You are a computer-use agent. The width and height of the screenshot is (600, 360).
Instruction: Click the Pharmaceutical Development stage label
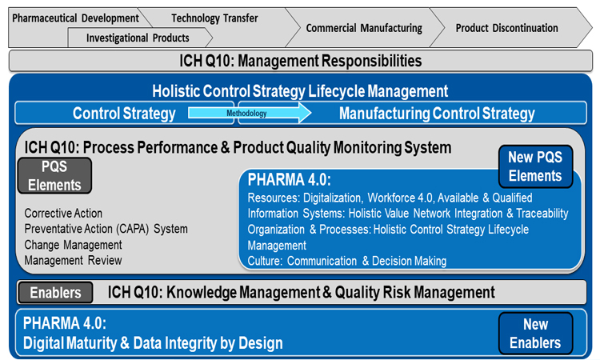tap(75, 18)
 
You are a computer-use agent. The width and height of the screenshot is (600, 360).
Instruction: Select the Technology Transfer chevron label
tap(214, 18)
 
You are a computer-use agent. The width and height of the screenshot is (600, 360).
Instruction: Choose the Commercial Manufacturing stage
tap(364, 28)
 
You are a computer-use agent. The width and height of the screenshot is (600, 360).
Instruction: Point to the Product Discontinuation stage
tap(506, 28)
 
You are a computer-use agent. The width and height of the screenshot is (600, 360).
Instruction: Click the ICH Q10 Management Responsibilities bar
tap(300, 61)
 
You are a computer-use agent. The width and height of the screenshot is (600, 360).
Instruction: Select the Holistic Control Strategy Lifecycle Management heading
tap(300, 91)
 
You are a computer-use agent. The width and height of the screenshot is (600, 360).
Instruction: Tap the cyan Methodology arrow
tap(250, 114)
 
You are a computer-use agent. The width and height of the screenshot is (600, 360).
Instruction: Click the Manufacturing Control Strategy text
tap(437, 114)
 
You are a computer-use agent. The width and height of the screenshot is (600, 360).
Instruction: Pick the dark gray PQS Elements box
tap(54, 176)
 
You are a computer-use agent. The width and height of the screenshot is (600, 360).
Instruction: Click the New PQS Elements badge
tap(535, 166)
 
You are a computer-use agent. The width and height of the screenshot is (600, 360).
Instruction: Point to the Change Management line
tap(73, 245)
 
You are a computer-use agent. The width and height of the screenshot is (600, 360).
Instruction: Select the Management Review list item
tap(73, 261)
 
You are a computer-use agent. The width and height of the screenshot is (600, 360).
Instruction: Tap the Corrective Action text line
tap(63, 213)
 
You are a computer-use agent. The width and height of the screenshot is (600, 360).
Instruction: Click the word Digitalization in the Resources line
tap(332, 198)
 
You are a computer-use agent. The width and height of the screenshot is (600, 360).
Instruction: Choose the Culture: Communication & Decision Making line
tap(347, 261)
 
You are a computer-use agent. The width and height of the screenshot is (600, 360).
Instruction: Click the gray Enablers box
tap(55, 293)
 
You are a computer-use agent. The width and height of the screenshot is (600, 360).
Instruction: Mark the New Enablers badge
tap(535, 334)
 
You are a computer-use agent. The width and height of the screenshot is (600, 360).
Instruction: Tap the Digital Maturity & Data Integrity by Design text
tap(153, 343)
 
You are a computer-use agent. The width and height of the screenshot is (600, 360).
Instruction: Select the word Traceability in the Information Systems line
tap(542, 214)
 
